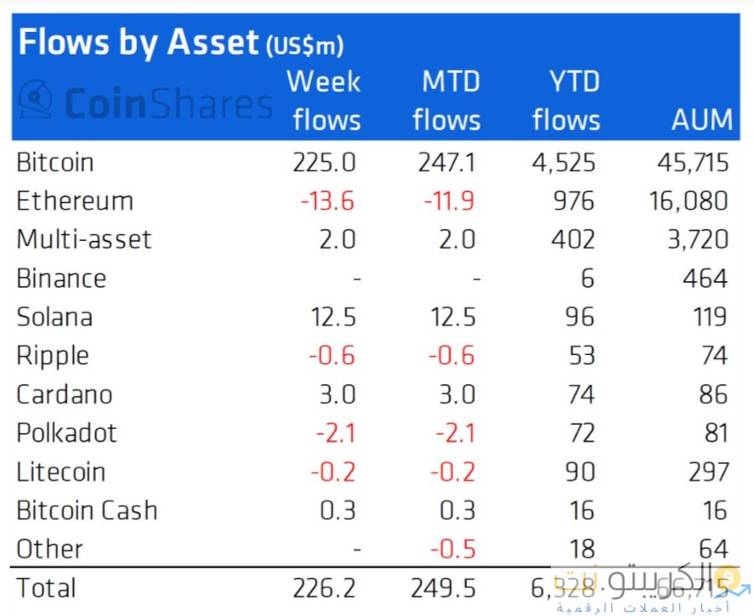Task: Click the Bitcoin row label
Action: (x=55, y=162)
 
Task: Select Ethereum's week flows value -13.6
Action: (x=328, y=201)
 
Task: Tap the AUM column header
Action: (x=701, y=120)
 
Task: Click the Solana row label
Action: (x=55, y=317)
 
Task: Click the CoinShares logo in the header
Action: (x=145, y=104)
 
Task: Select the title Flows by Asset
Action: (x=139, y=42)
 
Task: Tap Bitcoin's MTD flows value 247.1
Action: (x=447, y=162)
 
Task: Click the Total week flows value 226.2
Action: (x=324, y=588)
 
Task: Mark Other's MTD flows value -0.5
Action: (x=453, y=550)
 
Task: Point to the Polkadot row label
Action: (x=66, y=433)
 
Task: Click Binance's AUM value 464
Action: (x=704, y=279)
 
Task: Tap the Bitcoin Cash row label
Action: (x=86, y=510)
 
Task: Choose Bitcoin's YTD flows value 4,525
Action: (x=563, y=162)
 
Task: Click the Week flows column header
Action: (x=324, y=101)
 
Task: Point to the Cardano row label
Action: (x=64, y=394)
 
